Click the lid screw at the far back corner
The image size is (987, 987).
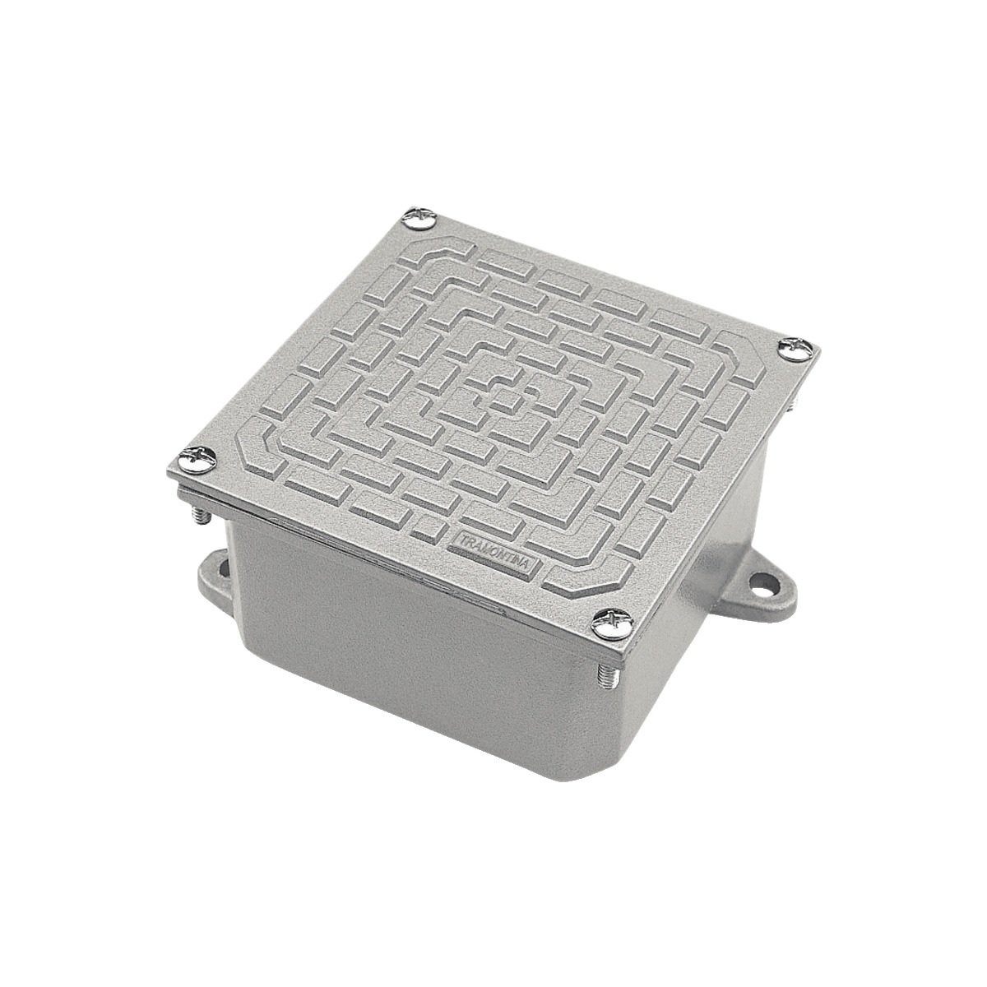tap(421, 219)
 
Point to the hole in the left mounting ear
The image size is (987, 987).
tap(218, 566)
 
